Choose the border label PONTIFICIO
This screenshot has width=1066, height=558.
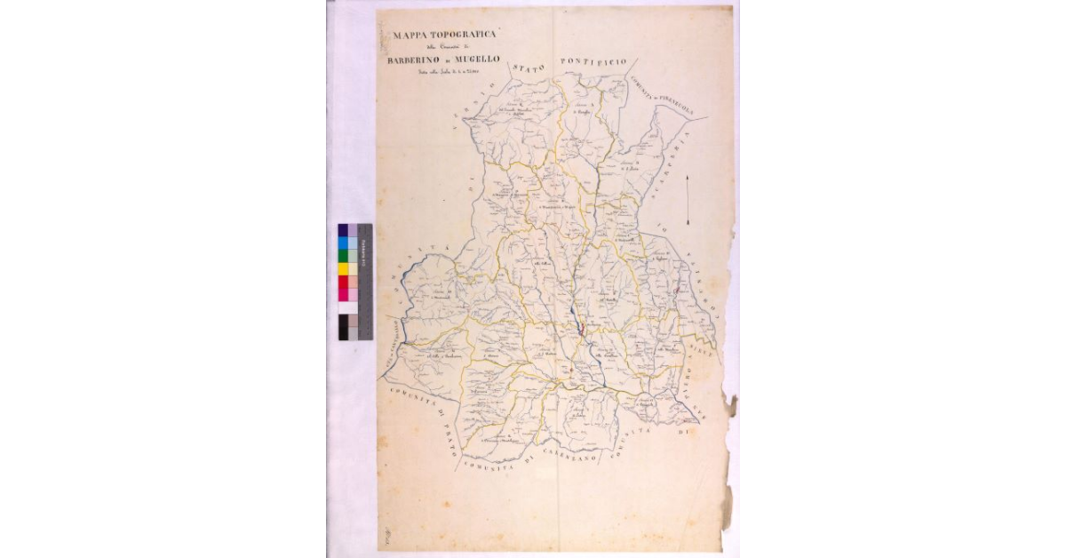click(x=593, y=61)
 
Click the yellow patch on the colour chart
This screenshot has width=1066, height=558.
click(x=343, y=268)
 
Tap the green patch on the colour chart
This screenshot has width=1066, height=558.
click(x=343, y=256)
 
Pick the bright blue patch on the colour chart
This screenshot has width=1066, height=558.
click(x=343, y=243)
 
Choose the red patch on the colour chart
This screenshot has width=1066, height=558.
click(x=343, y=282)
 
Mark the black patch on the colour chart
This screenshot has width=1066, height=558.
click(x=343, y=327)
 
